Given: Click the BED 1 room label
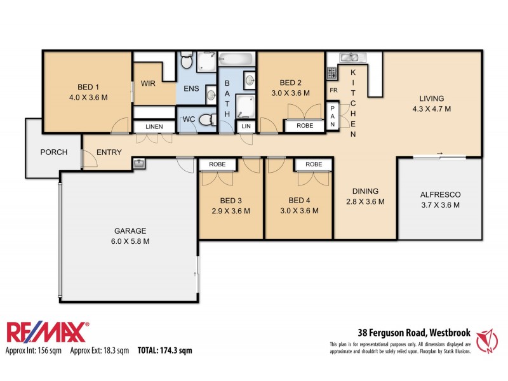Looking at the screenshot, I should pos(88,92).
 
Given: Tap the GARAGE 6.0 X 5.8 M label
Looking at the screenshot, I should pos(130,236).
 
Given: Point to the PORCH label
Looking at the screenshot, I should pos(54,152).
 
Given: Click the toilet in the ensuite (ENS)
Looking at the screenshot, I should pos(186,61).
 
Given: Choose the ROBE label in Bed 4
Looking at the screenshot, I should pos(314,164).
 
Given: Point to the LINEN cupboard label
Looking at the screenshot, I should pos(154,127).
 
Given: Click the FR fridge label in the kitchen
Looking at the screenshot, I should pos(332,91).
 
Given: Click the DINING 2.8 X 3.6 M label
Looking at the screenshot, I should pos(364,196).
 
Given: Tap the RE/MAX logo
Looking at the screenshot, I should pos(48,333).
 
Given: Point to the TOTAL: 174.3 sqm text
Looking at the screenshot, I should pos(164,350).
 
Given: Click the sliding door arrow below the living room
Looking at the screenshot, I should pos(439,153).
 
